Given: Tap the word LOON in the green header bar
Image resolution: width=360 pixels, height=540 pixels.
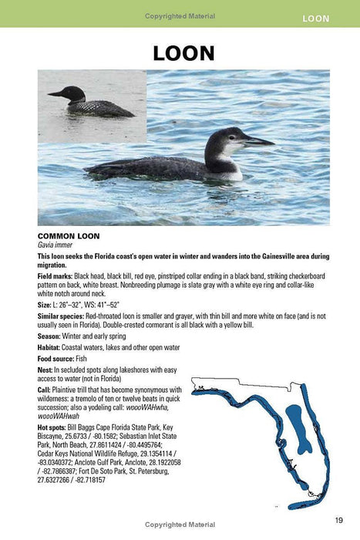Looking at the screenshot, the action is tap(321, 17).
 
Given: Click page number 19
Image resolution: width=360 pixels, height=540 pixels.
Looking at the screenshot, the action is tap(339, 519).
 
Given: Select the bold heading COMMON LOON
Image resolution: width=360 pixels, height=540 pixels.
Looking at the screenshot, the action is tap(66, 235).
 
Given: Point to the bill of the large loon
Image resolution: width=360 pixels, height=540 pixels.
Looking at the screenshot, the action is tap(257, 141).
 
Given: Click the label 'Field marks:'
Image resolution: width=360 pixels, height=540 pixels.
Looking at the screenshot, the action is tap(56, 275).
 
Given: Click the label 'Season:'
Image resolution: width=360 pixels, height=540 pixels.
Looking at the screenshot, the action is tap(52, 336).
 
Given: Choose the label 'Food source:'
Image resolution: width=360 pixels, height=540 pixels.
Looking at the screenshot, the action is tap(59, 358).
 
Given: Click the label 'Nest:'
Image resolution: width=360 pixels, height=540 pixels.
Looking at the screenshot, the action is tap(46, 369).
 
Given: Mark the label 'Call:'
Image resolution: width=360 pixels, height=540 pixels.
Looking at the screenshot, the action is tap(45, 390).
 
